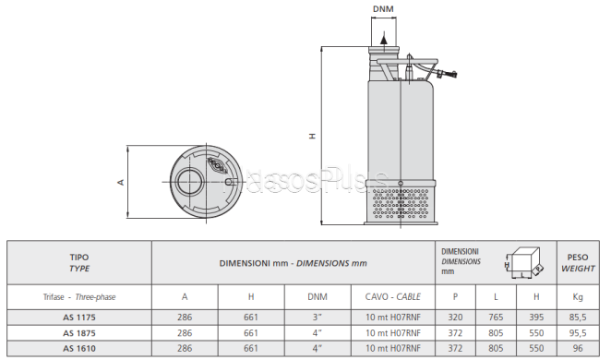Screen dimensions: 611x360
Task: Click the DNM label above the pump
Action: (383, 9)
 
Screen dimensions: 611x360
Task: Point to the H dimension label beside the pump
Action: (312, 136)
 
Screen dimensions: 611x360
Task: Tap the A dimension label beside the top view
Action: (121, 182)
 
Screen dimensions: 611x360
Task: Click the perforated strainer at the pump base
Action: (401, 203)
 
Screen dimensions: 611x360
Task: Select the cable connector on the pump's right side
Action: (447, 73)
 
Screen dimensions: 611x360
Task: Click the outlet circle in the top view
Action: (189, 182)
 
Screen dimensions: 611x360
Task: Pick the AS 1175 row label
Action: (79, 318)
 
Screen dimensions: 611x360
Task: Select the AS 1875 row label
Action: (79, 333)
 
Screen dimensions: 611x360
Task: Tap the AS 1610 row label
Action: (79, 348)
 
